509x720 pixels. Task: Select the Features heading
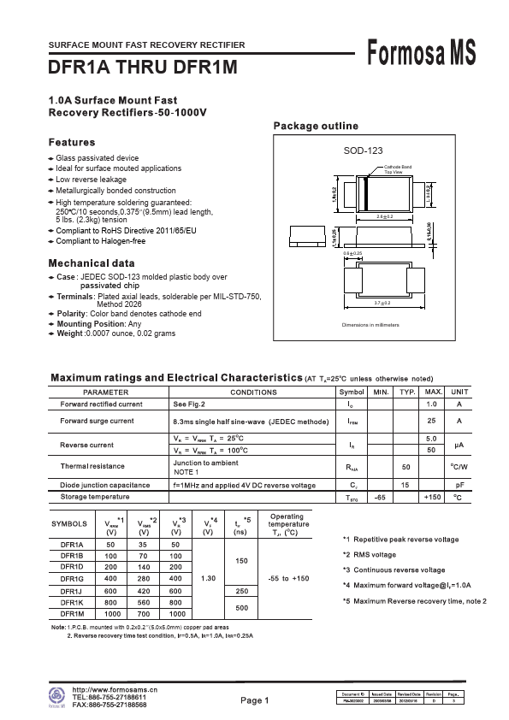pyautogui.click(x=72, y=142)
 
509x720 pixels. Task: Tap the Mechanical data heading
pyautogui.click(x=92, y=263)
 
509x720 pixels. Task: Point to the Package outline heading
pyautogui.click(x=316, y=126)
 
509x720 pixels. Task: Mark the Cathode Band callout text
pyautogui.click(x=398, y=166)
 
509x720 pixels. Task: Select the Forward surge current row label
pyautogui.click(x=97, y=422)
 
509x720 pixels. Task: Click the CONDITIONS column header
pyautogui.click(x=253, y=392)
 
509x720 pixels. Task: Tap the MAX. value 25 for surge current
pyautogui.click(x=432, y=422)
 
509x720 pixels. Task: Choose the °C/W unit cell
pyautogui.click(x=459, y=467)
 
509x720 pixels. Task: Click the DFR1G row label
pyautogui.click(x=72, y=579)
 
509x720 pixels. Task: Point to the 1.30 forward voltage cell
pyautogui.click(x=207, y=579)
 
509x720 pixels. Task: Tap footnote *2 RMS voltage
pyautogui.click(x=376, y=555)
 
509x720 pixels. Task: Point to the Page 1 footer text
pyautogui.click(x=254, y=700)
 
